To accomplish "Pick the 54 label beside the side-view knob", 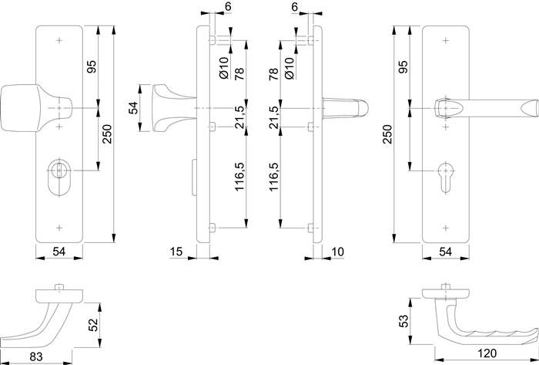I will (132, 108).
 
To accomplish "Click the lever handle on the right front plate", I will (485, 106).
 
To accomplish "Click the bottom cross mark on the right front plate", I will (446, 228).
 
